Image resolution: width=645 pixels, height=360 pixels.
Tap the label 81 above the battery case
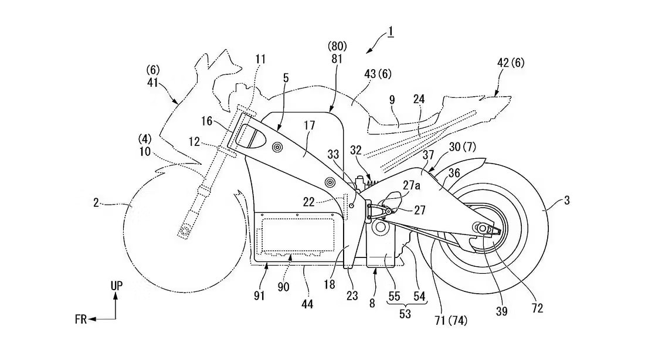(337, 59)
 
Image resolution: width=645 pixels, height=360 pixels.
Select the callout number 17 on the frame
(309, 125)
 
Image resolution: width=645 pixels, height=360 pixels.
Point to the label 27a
(412, 185)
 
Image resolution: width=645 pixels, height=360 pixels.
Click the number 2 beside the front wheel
(96, 203)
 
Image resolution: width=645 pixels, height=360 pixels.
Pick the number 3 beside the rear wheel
(567, 201)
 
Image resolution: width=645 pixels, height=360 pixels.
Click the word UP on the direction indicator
(117, 286)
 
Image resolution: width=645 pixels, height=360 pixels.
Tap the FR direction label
(81, 319)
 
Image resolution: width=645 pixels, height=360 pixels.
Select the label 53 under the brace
(405, 314)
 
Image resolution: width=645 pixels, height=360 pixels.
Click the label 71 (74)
(451, 321)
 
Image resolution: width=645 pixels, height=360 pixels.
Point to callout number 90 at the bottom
(283, 287)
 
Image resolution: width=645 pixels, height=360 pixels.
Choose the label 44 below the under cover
(307, 304)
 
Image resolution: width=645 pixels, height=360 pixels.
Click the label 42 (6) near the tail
(511, 63)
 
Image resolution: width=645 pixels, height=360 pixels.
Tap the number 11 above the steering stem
(260, 59)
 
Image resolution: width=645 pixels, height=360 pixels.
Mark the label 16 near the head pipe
(207, 121)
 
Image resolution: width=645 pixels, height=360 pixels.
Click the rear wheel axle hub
(480, 227)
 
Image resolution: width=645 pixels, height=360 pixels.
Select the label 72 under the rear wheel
(537, 308)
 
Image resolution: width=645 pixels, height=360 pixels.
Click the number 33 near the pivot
(333, 154)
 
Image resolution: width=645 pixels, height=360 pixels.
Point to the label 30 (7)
(463, 147)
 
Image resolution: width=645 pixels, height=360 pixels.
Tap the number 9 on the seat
(392, 100)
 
